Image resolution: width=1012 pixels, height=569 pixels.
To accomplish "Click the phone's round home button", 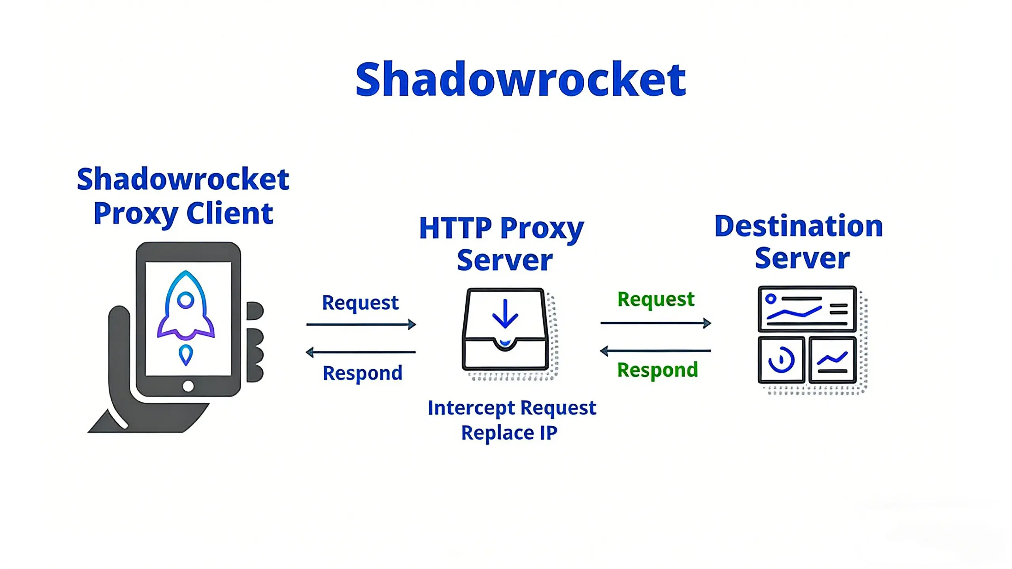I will pos(188,386).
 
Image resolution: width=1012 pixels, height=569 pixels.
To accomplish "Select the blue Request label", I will pos(360,303).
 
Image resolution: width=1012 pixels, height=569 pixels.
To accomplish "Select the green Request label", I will pos(656,299).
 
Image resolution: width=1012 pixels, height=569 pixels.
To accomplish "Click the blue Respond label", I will pos(362,373).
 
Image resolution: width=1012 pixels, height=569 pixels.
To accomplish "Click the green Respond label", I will pos(657,370).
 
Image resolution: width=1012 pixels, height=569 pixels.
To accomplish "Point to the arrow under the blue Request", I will pos(361,325).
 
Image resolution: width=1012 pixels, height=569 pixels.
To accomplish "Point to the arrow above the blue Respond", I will pos(361,352).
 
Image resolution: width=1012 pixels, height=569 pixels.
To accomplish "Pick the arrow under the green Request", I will pos(656,323).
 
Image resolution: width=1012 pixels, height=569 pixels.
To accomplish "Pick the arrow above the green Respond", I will pos(656,351).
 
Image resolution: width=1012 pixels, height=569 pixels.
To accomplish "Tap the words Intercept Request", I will pos(512,408).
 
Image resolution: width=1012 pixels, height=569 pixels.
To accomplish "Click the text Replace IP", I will pos(509,433).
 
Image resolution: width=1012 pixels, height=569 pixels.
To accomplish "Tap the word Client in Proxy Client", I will pos(229,214).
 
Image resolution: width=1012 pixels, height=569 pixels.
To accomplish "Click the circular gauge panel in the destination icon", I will pos(781,360).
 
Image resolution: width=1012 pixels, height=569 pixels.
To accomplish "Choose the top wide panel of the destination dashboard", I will pos(807,309).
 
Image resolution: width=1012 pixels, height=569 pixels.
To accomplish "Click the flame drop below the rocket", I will pos(186,354).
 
